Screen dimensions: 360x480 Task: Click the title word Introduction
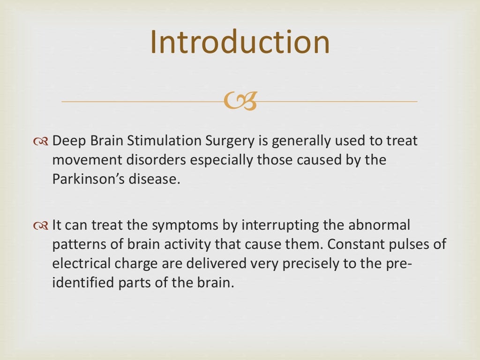point(240,42)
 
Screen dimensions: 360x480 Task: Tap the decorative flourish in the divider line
point(240,101)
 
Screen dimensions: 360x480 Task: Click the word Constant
point(344,244)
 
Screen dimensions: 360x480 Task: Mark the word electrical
point(82,264)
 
